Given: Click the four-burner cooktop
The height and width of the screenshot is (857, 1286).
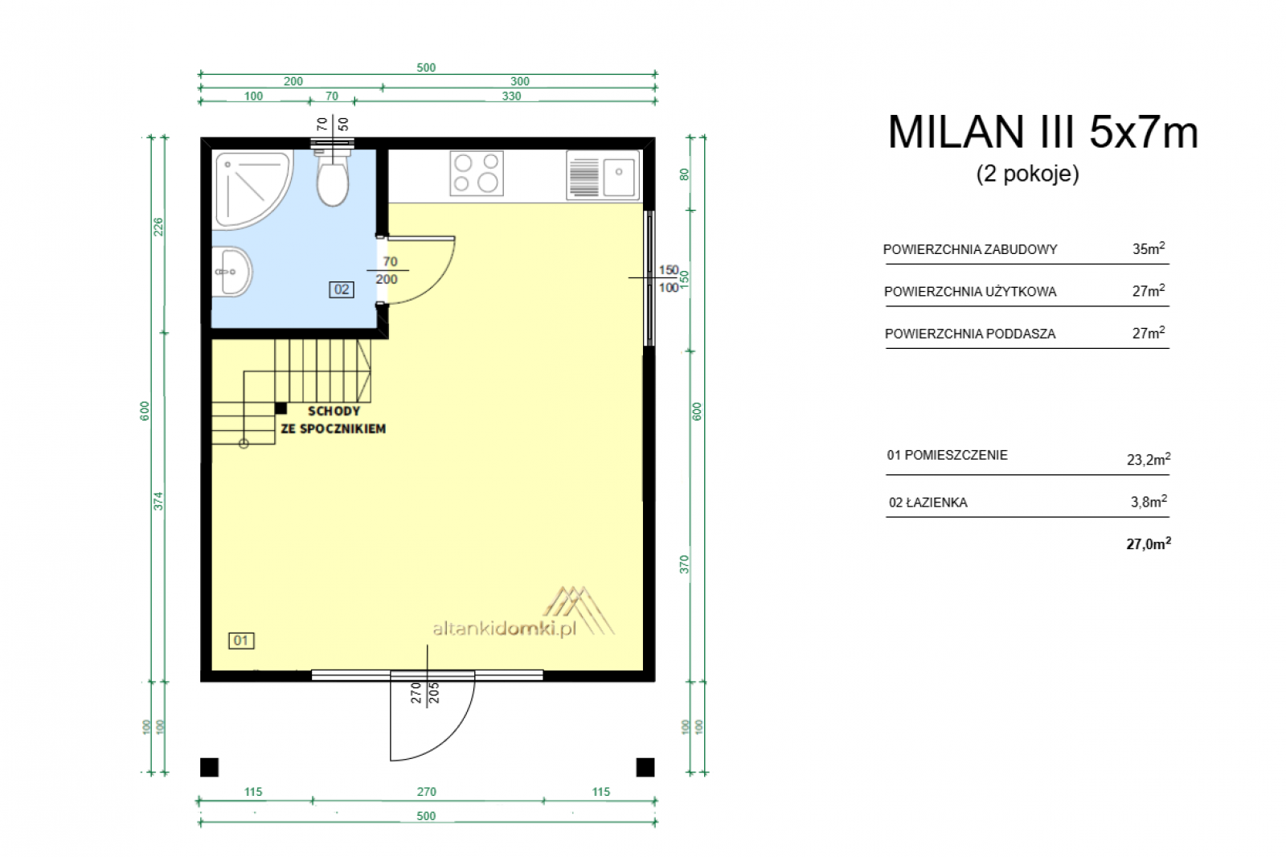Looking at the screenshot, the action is click(x=477, y=173).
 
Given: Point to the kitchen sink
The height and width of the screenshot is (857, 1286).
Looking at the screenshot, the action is click(x=603, y=174).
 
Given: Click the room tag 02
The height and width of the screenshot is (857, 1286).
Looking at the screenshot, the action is click(x=342, y=289).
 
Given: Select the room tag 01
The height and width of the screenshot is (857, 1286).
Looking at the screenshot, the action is click(x=241, y=641).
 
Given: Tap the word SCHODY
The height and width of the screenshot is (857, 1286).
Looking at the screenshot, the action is click(x=334, y=412).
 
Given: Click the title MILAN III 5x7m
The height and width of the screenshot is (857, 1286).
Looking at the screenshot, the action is click(x=1043, y=133).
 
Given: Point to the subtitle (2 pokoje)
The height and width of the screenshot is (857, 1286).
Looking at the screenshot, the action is click(x=1028, y=174).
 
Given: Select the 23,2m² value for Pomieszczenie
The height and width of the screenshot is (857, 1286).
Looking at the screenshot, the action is click(x=1149, y=459).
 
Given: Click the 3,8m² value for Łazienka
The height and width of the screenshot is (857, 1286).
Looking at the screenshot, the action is click(x=1149, y=502).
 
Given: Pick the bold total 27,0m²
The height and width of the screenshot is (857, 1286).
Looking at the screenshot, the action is click(x=1149, y=543).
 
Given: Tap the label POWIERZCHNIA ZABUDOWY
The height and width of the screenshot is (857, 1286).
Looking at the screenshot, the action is click(x=970, y=249).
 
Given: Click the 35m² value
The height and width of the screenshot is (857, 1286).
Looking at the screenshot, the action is click(x=1149, y=248).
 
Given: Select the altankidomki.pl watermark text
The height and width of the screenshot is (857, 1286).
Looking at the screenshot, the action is click(x=505, y=629).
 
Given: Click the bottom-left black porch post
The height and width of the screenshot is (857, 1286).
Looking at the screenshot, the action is click(x=210, y=768).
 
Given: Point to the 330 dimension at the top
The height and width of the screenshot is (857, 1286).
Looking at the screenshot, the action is click(x=511, y=96).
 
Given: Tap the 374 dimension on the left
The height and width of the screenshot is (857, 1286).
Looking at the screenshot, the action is click(x=158, y=502).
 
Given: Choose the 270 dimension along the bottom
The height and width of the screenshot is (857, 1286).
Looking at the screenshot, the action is click(x=427, y=792).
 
